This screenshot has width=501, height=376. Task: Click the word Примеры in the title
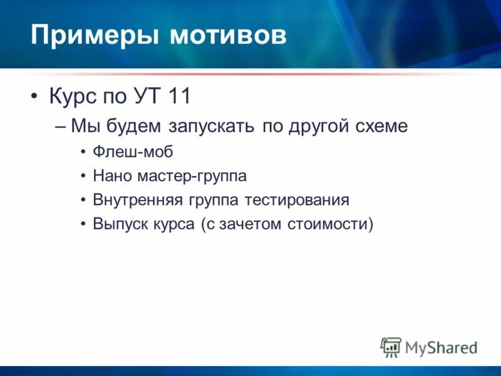point(94,36)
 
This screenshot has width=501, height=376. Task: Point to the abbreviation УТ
point(150,97)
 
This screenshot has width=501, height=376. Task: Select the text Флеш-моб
point(132,152)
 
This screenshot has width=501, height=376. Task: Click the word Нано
point(112,176)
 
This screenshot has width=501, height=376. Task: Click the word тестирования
point(297,201)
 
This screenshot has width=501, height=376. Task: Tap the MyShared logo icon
point(391,347)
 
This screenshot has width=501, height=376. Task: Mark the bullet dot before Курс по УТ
point(34,98)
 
